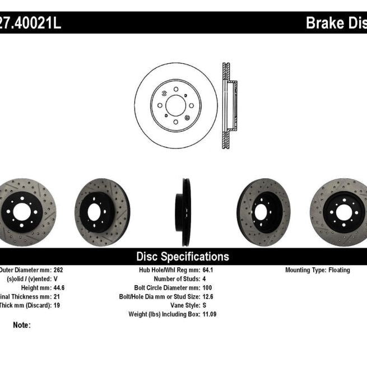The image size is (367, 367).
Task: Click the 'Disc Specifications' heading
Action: coord(183,257)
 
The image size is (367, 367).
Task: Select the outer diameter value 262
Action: coord(58,270)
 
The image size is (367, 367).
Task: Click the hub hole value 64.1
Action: coord(208,270)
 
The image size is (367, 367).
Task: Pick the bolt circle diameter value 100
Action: coord(207,287)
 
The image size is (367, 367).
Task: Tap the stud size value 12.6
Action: coord(208,296)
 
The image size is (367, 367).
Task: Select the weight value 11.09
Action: coord(210,314)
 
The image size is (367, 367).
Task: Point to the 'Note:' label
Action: coord(22,325)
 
